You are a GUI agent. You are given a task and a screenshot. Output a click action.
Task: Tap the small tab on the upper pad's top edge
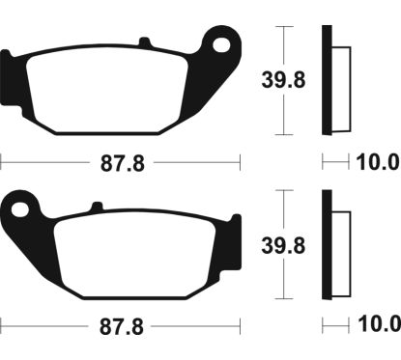tap(145, 42)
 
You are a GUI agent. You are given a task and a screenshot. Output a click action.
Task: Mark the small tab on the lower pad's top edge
tap(96, 205)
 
